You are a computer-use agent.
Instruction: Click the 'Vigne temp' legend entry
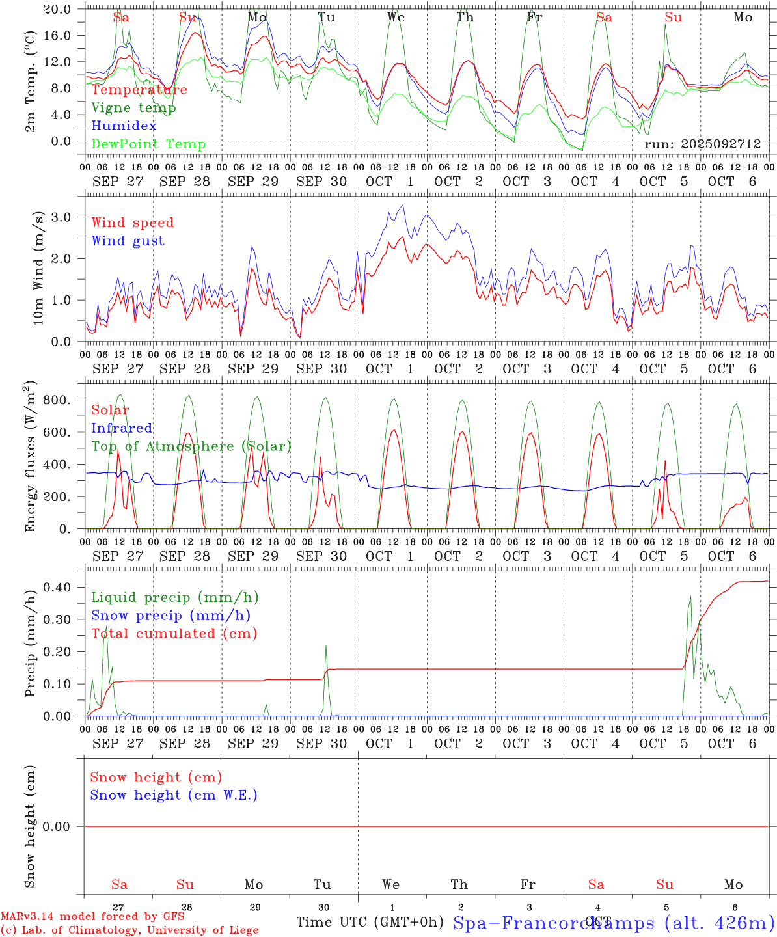pyautogui.click(x=133, y=108)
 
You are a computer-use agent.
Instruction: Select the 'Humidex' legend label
pyautogui.click(x=124, y=126)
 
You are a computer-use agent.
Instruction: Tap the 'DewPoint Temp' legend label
pyautogui.click(x=148, y=144)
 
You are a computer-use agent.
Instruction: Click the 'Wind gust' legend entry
pyautogui.click(x=128, y=241)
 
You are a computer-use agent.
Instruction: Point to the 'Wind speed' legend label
pyautogui.click(x=133, y=223)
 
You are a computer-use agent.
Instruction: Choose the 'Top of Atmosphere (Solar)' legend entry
pyautogui.click(x=191, y=446)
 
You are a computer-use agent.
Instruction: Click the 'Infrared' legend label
pyautogui.click(x=122, y=428)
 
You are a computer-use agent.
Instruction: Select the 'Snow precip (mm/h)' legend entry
pyautogui.click(x=171, y=616)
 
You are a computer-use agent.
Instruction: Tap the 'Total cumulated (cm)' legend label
pyautogui.click(x=174, y=633)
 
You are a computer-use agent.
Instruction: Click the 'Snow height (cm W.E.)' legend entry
pyautogui.click(x=174, y=795)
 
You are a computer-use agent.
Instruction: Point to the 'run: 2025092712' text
pyautogui.click(x=702, y=144)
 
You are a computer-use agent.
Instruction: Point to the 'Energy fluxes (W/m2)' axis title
pyautogui.click(x=31, y=457)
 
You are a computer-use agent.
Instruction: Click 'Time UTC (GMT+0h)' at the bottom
pyautogui.click(x=370, y=922)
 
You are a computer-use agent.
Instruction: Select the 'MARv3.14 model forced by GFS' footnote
pyautogui.click(x=92, y=917)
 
